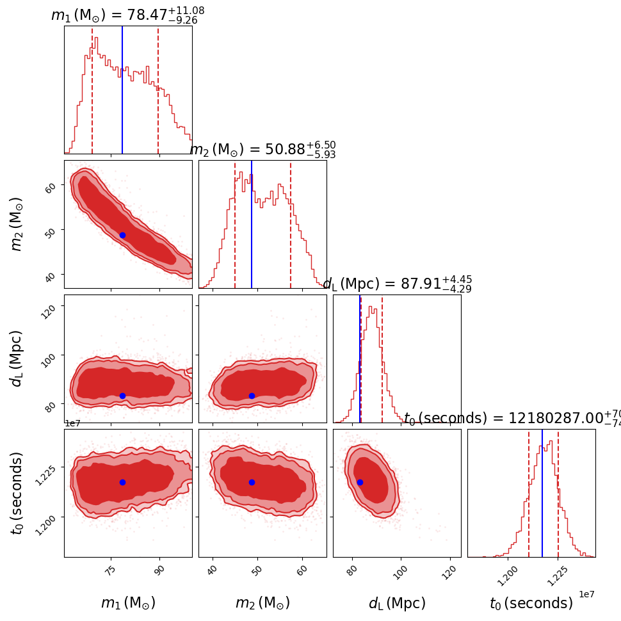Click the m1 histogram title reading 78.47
(x=127, y=14)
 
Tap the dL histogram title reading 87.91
(x=397, y=284)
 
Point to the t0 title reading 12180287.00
(x=512, y=419)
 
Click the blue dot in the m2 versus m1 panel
(x=122, y=235)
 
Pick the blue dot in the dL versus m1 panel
(x=122, y=396)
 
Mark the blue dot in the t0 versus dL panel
(x=360, y=482)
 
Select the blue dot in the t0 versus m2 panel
(x=252, y=482)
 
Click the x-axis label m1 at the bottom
(x=128, y=603)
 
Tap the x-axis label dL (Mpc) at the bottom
(x=397, y=603)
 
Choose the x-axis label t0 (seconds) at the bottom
(x=531, y=603)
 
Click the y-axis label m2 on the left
(x=17, y=224)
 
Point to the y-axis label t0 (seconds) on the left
(x=17, y=493)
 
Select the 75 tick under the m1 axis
(x=113, y=570)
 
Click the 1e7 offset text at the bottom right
(x=587, y=594)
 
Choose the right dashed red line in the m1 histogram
(x=158, y=90)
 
